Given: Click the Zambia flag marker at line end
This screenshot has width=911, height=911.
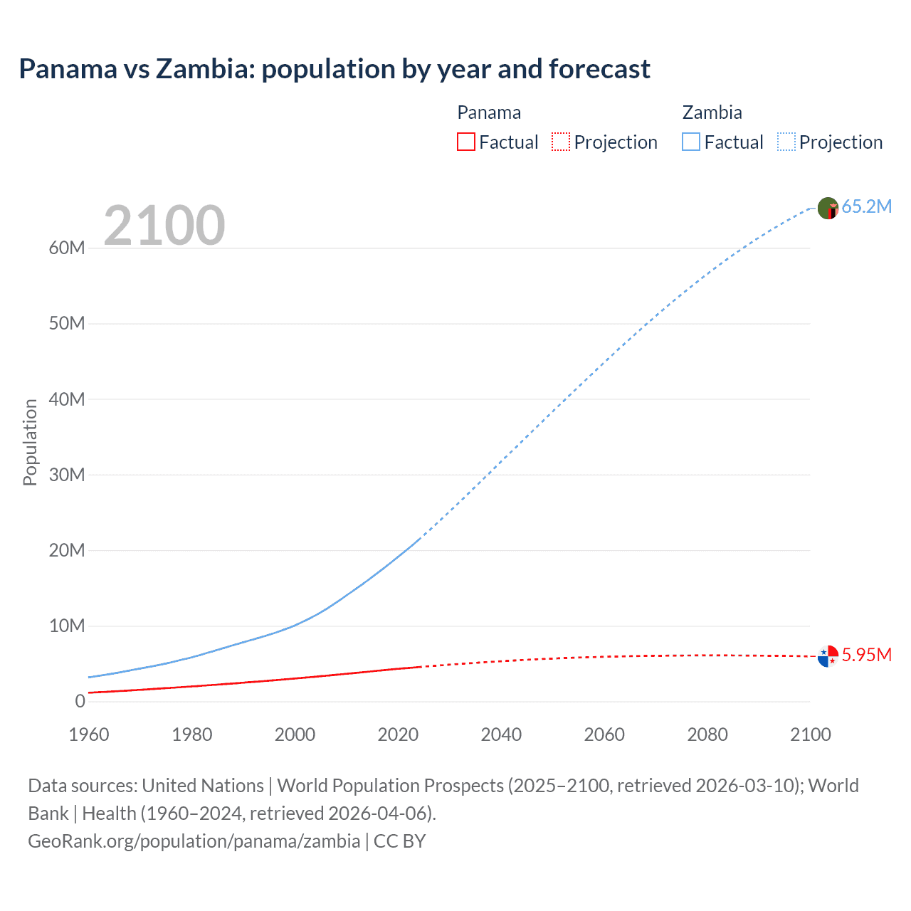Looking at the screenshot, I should coord(828,208).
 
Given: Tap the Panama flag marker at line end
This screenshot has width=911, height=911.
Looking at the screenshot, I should coord(828,655).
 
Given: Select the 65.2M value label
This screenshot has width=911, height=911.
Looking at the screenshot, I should coord(866,207).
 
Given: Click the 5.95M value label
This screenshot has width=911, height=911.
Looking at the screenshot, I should coord(866,655).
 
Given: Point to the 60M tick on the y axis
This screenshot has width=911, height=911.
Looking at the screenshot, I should coord(67,248).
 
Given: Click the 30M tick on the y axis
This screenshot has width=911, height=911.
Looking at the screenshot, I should coord(67,475).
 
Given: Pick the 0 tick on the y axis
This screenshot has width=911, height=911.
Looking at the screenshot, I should coord(80,701).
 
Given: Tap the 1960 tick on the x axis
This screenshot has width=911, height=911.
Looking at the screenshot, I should coord(89,734).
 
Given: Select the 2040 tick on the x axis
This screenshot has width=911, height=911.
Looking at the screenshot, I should coord(501,734).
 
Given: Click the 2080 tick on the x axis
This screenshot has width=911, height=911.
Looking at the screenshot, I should coord(707,734).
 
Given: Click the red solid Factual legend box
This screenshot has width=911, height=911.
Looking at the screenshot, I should coord(465,142).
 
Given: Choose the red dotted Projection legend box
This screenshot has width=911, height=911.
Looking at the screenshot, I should coord(561,142).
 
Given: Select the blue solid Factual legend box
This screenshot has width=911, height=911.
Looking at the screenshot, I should coord(691,142).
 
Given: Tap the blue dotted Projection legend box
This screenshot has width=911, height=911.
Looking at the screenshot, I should coord(786,142).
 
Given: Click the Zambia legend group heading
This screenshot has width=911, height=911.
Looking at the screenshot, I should coord(712,112).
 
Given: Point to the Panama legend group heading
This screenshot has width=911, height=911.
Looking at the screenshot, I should coord(489,112).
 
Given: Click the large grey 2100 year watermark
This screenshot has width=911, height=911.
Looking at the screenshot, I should coord(164,226).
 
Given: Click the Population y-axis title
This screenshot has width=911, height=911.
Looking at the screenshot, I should coord(30,442).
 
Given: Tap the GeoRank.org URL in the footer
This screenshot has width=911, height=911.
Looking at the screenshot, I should coord(194,841).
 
